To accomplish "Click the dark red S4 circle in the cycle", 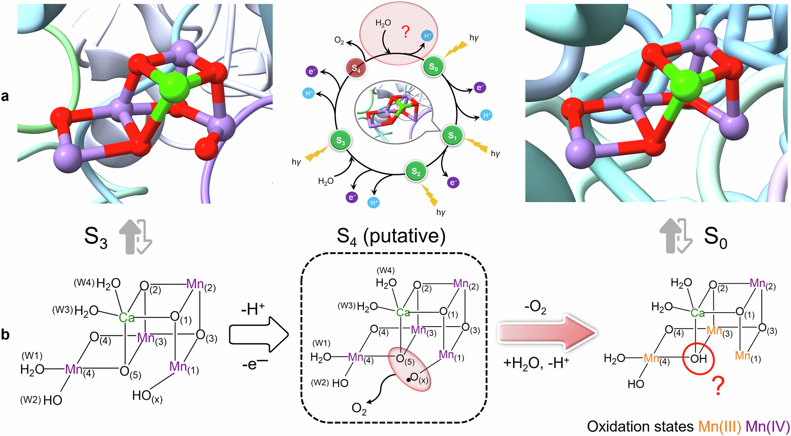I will coord(356,69).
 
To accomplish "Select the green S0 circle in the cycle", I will coord(433,67).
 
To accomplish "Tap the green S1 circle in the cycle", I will coord(452,135).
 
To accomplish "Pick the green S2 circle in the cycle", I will coord(416,172).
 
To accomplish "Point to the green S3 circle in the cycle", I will coord(340,141).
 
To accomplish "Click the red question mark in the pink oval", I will coord(405,32).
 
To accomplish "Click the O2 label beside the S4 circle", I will coord(339,41).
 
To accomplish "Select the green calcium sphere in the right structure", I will coord(685,85).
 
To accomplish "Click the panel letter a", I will coord(5,96).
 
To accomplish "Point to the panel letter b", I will coord(5,335).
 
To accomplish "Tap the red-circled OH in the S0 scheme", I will coord(698,359).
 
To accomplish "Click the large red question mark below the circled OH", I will coord(717,386).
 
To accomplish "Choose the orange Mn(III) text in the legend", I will coord(720,427).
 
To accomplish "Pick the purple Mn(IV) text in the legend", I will coord(767,427).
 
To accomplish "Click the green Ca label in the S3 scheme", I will coord(127,318).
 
